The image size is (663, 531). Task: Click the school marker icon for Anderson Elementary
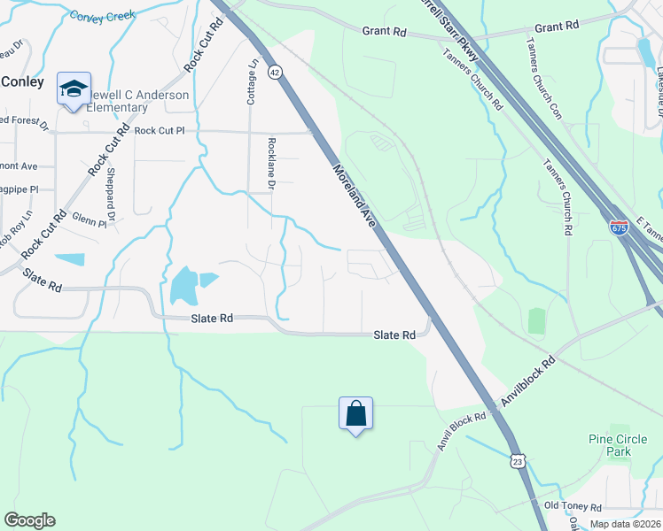[74, 89]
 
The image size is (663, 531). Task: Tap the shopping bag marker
[355, 414]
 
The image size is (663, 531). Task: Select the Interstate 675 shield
[619, 228]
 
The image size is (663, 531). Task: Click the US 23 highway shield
[518, 460]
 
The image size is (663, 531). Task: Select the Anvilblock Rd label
[526, 382]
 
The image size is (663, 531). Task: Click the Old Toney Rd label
[573, 506]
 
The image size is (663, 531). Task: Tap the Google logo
[29, 520]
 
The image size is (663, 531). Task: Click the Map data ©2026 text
[625, 524]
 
